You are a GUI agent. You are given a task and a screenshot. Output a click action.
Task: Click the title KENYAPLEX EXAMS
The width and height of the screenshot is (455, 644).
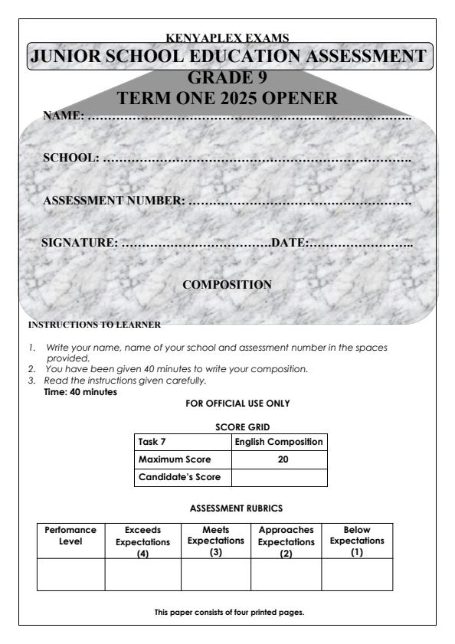227,38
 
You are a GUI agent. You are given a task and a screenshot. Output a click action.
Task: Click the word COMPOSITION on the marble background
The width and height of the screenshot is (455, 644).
227,285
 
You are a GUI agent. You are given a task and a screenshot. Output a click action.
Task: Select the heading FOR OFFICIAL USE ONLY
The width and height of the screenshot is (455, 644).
227,403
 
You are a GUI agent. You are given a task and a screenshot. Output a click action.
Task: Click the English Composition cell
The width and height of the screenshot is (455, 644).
279,442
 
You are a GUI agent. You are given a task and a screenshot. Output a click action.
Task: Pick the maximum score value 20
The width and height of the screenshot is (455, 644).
279,459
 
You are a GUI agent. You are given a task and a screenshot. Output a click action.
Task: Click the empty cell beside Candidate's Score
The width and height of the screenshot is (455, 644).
279,477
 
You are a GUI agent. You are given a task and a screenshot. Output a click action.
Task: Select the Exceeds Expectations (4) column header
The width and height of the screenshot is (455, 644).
142,540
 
